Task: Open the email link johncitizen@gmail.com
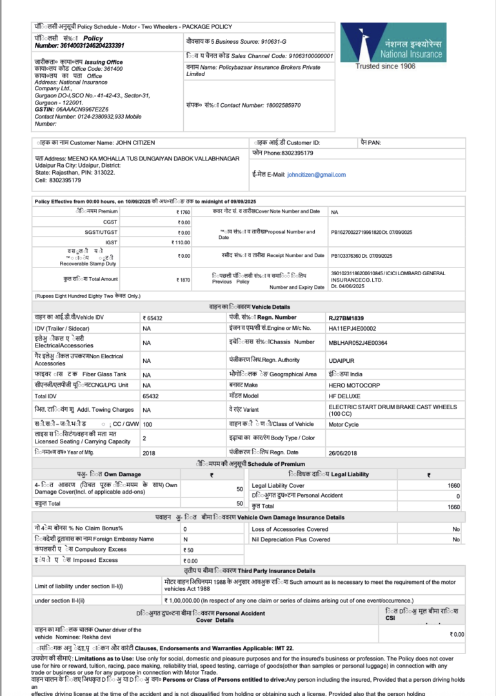click(316, 175)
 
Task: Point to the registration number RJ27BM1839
click(346, 318)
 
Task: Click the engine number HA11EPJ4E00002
click(352, 329)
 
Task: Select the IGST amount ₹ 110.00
click(181, 242)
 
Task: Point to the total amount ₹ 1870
click(183, 280)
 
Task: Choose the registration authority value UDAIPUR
click(342, 361)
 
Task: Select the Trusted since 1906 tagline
click(385, 66)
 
